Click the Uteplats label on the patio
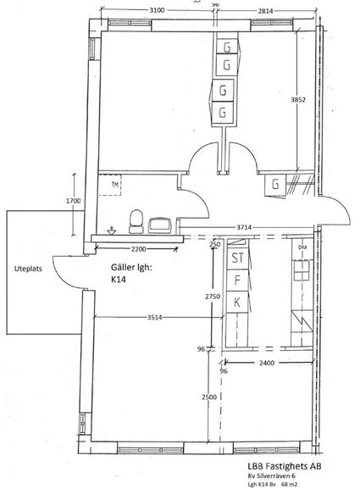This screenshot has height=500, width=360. tap(28, 269)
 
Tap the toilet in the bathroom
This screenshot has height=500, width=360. tap(136, 221)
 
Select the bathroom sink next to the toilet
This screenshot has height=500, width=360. tap(160, 225)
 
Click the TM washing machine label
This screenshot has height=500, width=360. tap(115, 184)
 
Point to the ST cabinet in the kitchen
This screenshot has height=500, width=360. tap(237, 258)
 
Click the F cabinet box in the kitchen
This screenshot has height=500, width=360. tap(237, 280)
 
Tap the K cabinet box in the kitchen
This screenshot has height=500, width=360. tap(237, 302)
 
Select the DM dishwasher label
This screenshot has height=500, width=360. tap(302, 247)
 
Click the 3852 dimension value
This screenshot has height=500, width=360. tap(298, 100)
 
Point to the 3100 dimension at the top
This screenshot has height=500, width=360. tap(158, 10)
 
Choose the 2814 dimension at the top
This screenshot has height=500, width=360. tap(266, 11)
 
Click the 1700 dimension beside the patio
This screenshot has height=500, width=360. tap(74, 201)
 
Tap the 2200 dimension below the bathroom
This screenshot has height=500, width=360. tap(139, 249)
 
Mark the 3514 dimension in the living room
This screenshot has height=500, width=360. tap(155, 317)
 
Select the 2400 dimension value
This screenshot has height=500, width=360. tap(267, 363)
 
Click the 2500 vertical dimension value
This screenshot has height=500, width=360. tap(209, 397)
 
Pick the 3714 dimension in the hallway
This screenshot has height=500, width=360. tap(244, 227)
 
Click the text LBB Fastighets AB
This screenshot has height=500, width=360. tap(285, 466)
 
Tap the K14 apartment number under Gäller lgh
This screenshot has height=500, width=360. tap(119, 280)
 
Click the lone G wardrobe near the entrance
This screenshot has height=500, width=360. tap(275, 184)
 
